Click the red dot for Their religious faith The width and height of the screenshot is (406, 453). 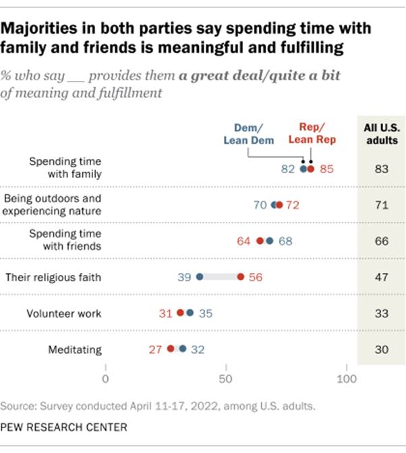[x=240, y=276]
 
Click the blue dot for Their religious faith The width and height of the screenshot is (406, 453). [x=200, y=276]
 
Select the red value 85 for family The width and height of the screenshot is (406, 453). [x=326, y=169]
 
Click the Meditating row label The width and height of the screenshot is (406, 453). [x=75, y=349]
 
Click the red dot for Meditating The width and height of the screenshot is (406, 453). [x=171, y=349]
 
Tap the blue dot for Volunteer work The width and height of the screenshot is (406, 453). [x=190, y=313]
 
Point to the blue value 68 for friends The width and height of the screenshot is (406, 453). [x=285, y=241]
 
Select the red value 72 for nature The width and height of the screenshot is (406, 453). [x=293, y=204]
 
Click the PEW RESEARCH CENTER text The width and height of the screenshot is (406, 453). [x=63, y=427]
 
